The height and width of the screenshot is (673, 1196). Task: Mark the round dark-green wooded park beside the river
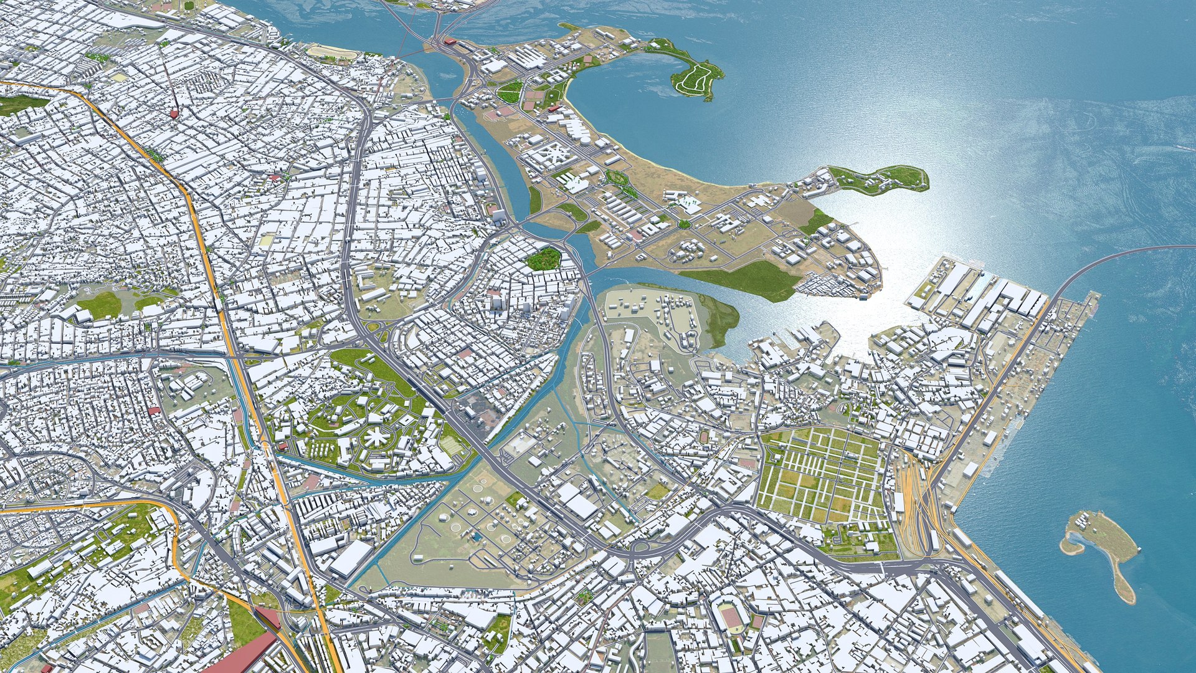click(543, 259)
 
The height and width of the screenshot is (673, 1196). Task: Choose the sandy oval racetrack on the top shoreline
click(333, 54)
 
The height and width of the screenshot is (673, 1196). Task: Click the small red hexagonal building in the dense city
click(173, 113)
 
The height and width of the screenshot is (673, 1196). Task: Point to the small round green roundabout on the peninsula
click(684, 224)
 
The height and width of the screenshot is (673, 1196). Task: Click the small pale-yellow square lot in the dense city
click(267, 239)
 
